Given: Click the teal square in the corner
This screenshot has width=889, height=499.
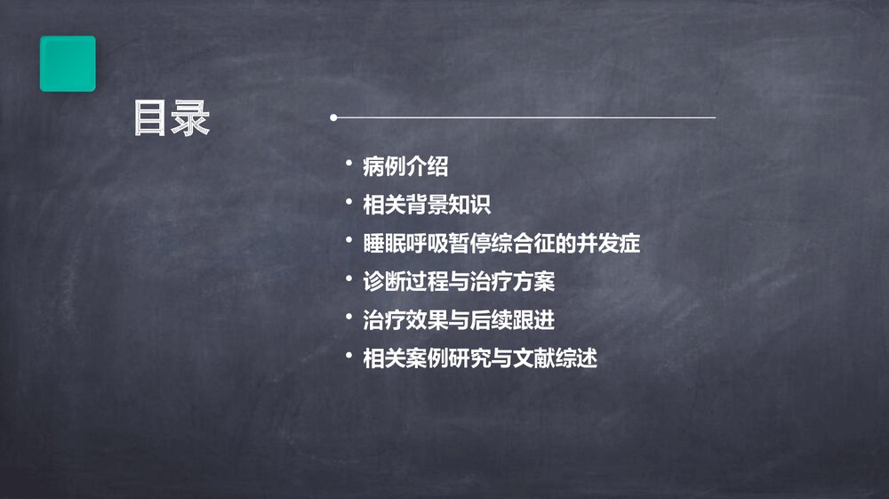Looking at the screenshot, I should tap(68, 63).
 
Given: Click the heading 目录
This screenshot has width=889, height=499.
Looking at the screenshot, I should tap(172, 119).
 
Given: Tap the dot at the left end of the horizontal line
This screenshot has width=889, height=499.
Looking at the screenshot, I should tap(333, 117).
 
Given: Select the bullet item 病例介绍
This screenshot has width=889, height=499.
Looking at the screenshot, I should tap(405, 166).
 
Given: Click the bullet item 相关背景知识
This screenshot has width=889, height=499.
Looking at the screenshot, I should tap(427, 205).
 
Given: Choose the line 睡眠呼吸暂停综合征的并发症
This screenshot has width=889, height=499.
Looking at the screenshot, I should tap(501, 243).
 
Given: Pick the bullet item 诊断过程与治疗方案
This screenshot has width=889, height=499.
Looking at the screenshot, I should tap(459, 281).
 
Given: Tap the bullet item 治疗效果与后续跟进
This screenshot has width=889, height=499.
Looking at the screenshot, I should tap(459, 320).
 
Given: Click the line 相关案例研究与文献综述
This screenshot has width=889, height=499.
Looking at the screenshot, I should tap(480, 358).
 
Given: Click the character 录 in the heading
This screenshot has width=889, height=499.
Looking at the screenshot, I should tap(191, 119).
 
